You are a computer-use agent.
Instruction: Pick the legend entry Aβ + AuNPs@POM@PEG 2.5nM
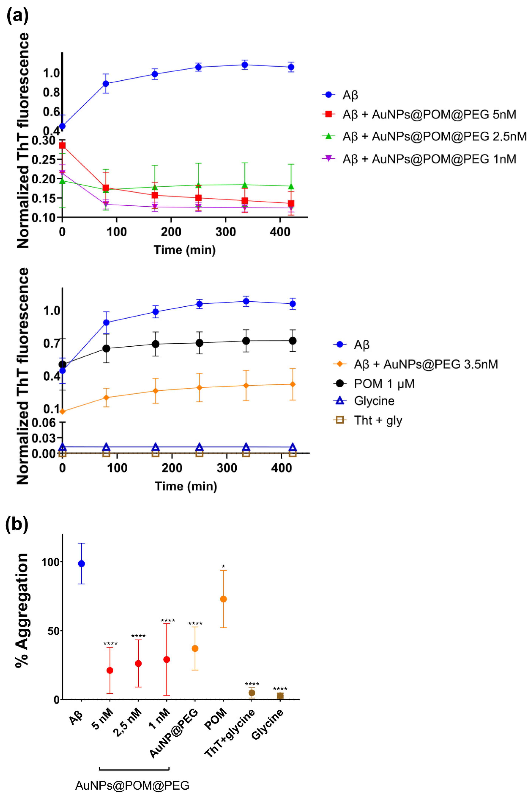tap(434, 136)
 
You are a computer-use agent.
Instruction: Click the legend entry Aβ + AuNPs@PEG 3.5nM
tap(425, 364)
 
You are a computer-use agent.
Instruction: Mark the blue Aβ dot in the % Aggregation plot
tap(81, 564)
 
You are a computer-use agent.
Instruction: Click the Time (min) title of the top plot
tap(185, 250)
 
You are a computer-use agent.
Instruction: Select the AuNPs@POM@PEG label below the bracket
tap(132, 785)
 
